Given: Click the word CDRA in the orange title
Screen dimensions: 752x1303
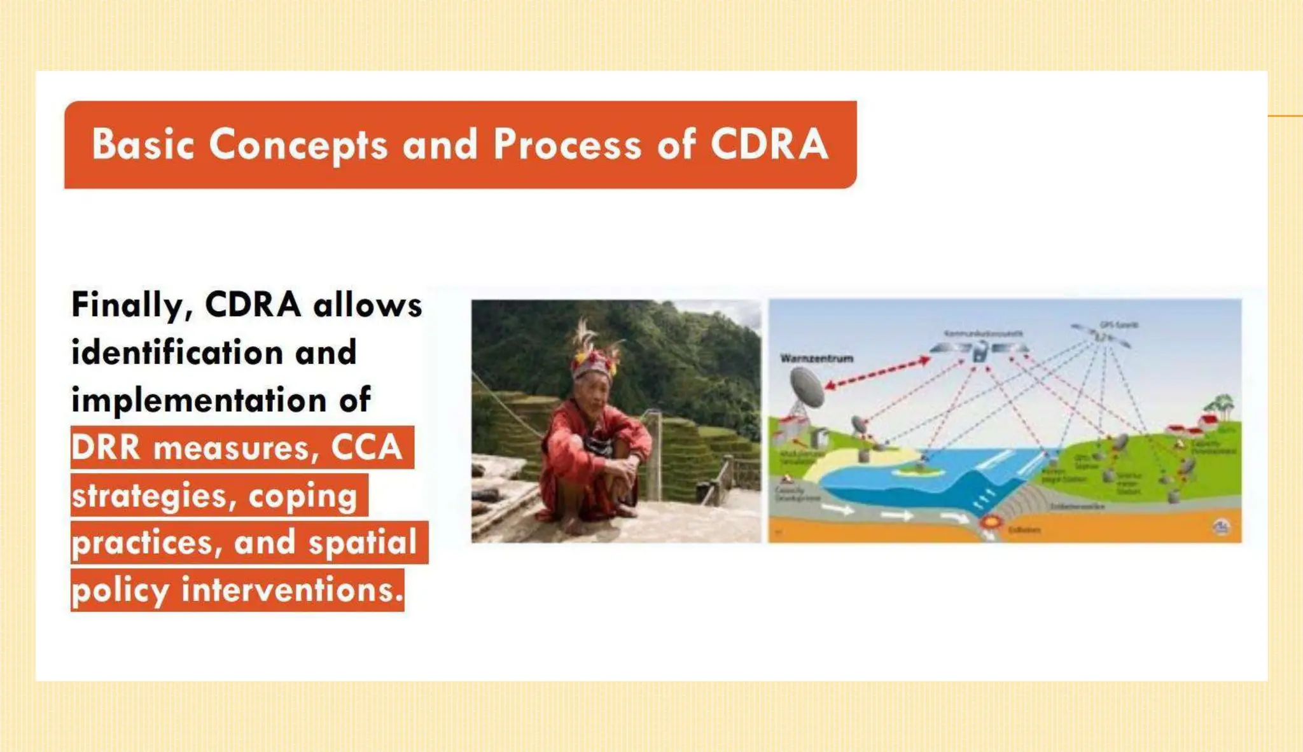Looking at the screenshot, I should click(x=769, y=144).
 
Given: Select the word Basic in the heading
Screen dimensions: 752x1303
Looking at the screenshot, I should click(x=143, y=144).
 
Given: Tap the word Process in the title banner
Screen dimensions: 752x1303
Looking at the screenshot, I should click(x=567, y=144).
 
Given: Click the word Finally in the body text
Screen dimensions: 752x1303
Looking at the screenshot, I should click(x=127, y=305).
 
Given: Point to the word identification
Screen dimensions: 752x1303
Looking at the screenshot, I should click(x=177, y=352).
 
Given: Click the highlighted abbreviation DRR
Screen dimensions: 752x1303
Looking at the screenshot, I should click(x=106, y=447).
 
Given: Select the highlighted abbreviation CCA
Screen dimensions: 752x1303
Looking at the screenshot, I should click(x=366, y=447).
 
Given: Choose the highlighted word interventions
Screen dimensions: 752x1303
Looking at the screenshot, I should click(x=293, y=590).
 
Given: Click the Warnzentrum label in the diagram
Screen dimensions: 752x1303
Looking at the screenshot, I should click(x=816, y=358).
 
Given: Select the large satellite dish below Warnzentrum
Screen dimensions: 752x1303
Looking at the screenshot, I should click(x=807, y=387).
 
